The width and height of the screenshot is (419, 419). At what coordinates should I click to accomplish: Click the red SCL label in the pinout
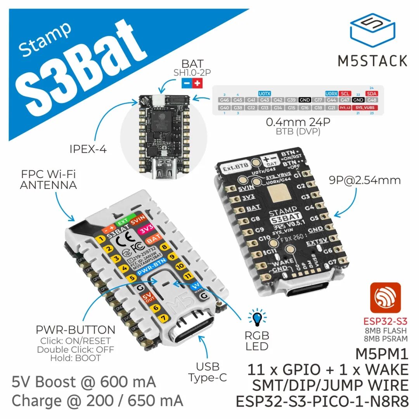click(345, 93)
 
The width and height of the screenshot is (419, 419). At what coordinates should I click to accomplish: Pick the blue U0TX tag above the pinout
click(264, 93)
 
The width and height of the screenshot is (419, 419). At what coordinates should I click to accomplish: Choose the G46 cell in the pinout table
click(224, 100)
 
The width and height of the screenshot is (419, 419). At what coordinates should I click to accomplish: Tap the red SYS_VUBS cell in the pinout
click(365, 107)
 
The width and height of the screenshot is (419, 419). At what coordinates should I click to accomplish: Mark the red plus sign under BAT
click(197, 83)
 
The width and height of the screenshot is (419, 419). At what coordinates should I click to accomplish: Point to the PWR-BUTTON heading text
click(76, 330)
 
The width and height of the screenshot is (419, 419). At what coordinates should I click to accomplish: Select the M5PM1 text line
click(382, 354)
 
